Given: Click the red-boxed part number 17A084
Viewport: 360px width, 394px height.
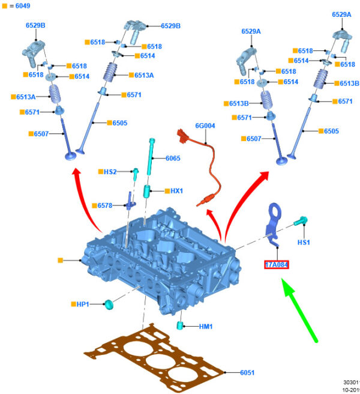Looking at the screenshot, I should [x=277, y=264].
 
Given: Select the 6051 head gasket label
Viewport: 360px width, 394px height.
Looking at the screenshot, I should [x=247, y=373].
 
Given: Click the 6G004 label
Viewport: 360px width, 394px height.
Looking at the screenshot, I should [x=205, y=126].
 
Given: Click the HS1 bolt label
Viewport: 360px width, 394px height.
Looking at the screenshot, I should [x=304, y=242].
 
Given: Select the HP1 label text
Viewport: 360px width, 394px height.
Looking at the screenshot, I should [x=83, y=304].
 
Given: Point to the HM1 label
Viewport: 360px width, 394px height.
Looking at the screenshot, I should [x=206, y=327].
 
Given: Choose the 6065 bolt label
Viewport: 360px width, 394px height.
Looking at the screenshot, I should [x=173, y=159].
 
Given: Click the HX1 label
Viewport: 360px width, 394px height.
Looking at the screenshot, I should [x=176, y=191].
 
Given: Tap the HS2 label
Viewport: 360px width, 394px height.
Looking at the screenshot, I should [x=110, y=172].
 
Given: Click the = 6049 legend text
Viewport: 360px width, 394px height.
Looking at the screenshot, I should [x=17, y=5].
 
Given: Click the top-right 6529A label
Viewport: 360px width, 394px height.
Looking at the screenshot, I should [x=341, y=14].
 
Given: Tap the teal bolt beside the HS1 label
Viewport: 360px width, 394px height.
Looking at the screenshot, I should [x=302, y=222].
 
